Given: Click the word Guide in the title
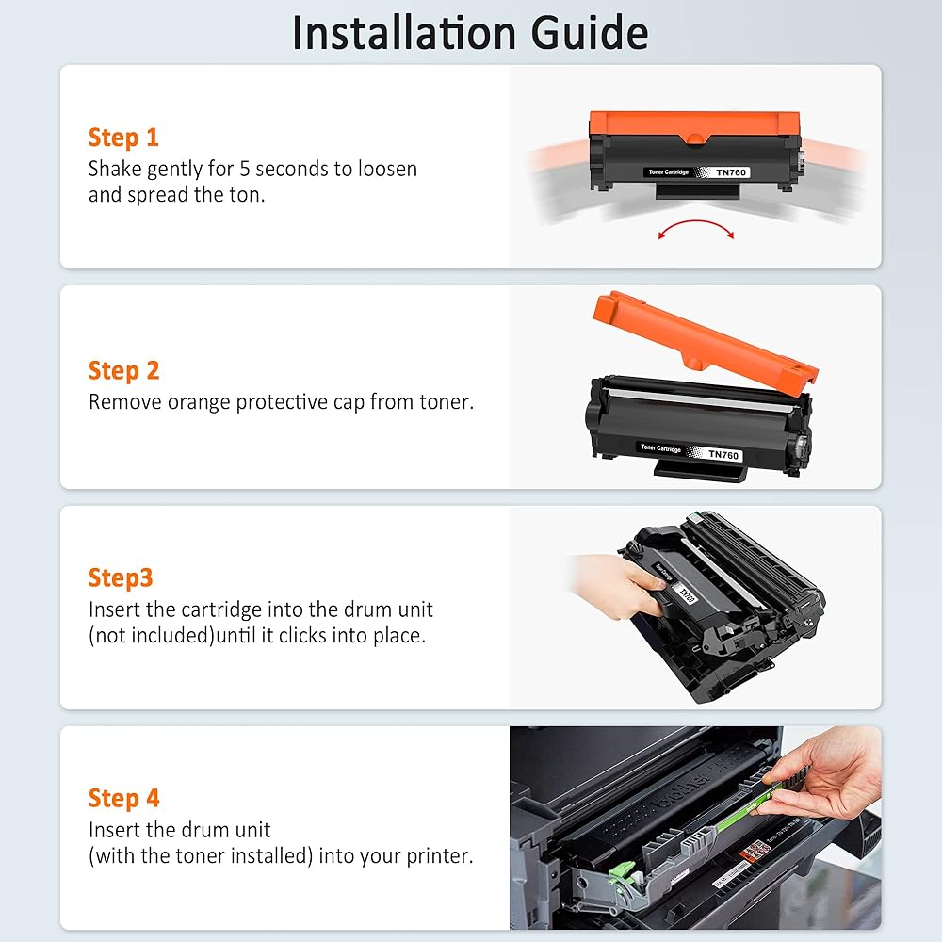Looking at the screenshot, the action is pos(590,33).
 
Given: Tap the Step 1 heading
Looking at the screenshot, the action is pos(123,138).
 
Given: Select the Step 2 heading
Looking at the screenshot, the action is pos(123,370).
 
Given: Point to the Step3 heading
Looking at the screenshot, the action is pos(121,578).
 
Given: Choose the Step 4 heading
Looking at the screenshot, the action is pos(123,799).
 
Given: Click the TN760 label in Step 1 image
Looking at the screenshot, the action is pos(731,172).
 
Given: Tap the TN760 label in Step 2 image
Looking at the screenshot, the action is pos(723,455).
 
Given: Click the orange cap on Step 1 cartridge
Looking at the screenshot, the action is pos(694,127).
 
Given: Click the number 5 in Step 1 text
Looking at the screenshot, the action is pos(245,170).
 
